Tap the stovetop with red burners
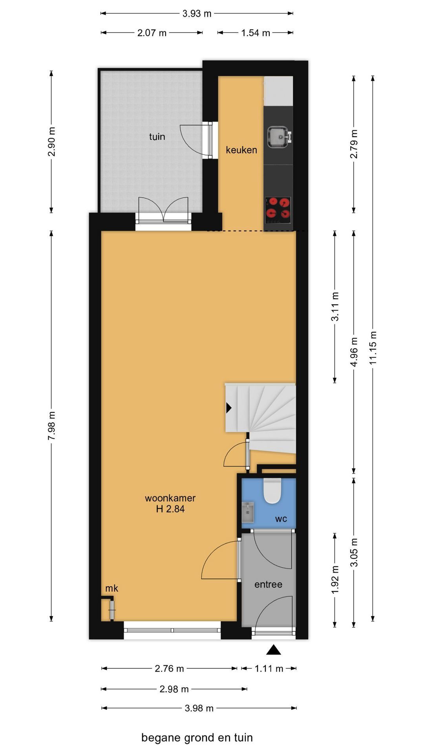tap(278, 208)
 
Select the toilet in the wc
tap(272, 491)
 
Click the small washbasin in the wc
tap(248, 512)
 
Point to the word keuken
tap(241, 150)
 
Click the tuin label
tap(157, 137)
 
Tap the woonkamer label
tap(170, 498)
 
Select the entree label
tap(269, 584)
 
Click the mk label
tap(112, 588)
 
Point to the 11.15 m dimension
tap(373, 348)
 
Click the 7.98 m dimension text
tap(51, 426)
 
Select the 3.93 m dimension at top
tap(197, 14)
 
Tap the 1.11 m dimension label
tap(269, 668)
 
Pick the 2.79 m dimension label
tap(354, 144)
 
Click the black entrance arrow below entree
tap(274, 650)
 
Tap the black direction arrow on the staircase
tap(229, 408)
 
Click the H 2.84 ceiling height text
tap(170, 509)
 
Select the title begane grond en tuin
tap(197, 738)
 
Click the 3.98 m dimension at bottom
tap(199, 708)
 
